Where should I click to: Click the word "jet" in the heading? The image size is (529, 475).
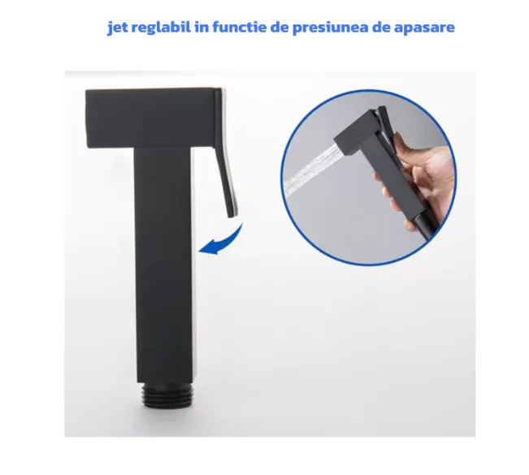click(x=117, y=28)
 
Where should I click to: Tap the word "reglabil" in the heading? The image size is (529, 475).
click(x=161, y=27)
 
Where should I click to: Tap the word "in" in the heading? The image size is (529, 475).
click(x=202, y=27)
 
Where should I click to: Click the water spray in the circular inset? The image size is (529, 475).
click(x=310, y=171)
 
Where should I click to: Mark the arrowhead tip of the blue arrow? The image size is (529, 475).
click(x=199, y=251)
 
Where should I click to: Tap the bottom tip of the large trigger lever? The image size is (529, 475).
click(x=232, y=216)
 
